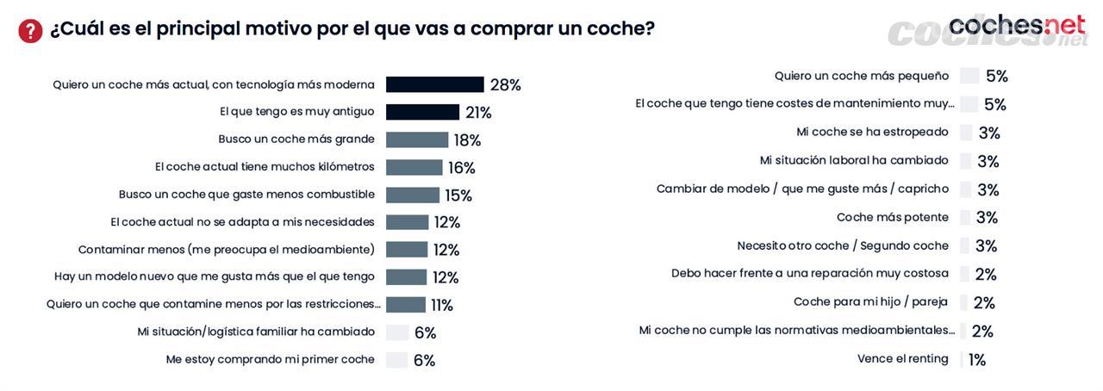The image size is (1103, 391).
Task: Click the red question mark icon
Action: (x=30, y=31)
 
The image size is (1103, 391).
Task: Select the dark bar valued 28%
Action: (x=434, y=84)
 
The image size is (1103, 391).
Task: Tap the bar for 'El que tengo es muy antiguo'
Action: (x=422, y=112)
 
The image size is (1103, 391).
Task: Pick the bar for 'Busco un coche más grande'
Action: (x=417, y=140)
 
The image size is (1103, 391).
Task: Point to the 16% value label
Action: (x=462, y=168)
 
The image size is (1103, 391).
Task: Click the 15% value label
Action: (x=458, y=195)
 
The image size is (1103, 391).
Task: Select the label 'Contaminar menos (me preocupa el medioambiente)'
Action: (x=227, y=250)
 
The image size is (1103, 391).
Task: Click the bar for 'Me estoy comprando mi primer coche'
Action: (x=397, y=360)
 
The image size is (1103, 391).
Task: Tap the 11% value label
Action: (x=442, y=306)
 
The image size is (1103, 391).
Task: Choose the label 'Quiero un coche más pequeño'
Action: (x=862, y=76)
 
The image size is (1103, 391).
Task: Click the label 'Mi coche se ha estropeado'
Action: (x=872, y=132)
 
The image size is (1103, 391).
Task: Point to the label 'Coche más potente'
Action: (x=893, y=217)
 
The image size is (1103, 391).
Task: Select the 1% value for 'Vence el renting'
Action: (x=977, y=360)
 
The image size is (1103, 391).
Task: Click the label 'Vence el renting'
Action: (x=902, y=358)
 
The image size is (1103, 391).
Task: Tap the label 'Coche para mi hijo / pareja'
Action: (x=870, y=301)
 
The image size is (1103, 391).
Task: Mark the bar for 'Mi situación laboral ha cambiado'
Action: (x=966, y=161)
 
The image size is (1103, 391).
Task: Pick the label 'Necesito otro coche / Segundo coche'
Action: (x=843, y=245)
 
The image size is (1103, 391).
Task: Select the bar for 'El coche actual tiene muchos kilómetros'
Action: (x=414, y=167)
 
